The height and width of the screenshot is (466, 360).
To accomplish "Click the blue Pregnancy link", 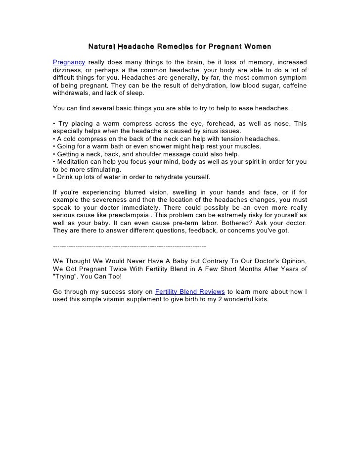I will pos(69,62).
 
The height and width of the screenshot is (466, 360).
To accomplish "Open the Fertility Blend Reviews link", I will pos(190,291).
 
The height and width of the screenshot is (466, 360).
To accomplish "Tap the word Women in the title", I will pos(257,47).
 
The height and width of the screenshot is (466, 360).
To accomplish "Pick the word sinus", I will pos(199,131).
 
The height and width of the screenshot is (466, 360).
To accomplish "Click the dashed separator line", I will pos(129,246).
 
